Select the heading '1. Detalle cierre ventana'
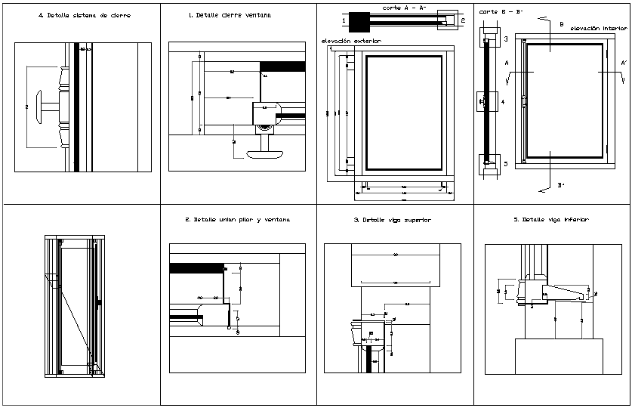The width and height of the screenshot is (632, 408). coord(230,15)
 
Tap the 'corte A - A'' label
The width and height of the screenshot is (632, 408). coord(405,7)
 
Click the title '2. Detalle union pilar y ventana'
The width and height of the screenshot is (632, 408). coord(237,220)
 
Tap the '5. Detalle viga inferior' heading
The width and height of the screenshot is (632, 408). coord(550,220)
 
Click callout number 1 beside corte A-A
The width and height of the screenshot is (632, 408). coord(344,21)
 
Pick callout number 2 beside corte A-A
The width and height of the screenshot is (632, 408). coord(464,21)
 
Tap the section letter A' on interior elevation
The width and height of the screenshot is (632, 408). coord(623,63)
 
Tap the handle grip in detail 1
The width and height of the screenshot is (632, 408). coord(265,153)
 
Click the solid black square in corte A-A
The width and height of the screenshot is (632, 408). coord(359,22)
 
